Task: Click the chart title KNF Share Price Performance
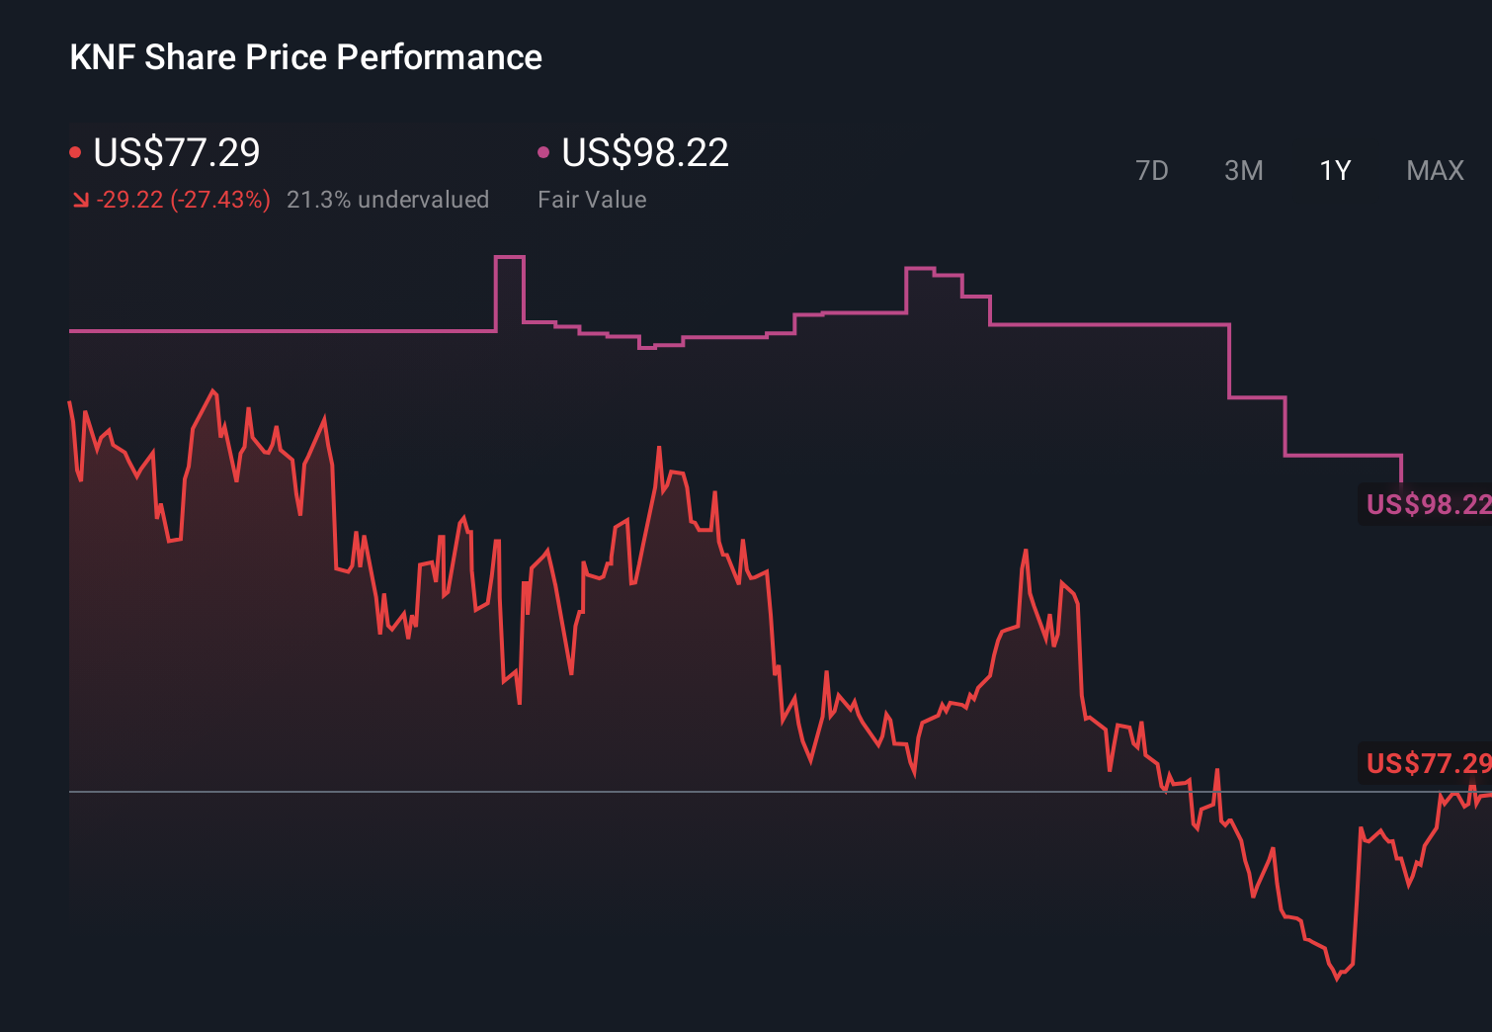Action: coord(305,57)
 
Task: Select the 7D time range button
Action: coord(1151,171)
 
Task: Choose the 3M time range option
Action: coord(1243,171)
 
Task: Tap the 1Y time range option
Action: coord(1335,171)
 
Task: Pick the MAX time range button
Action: coord(1435,171)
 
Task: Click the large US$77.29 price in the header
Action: coord(177,152)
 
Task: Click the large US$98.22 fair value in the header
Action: coord(644,152)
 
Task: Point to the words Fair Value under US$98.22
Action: coord(592,200)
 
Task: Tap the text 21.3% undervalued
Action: coord(387,200)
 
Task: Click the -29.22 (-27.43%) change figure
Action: coord(184,200)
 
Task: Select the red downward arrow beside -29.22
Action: coord(80,201)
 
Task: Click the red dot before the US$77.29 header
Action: coord(75,152)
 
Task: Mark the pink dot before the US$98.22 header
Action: coord(542,152)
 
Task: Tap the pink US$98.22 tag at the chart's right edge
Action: coord(1427,504)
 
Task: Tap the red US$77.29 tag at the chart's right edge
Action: coord(1427,763)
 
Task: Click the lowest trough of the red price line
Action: coord(1337,978)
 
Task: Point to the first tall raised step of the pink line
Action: coord(509,258)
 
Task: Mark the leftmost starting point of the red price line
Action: coord(70,402)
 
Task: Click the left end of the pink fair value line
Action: coord(71,331)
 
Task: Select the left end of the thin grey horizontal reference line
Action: coord(71,792)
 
